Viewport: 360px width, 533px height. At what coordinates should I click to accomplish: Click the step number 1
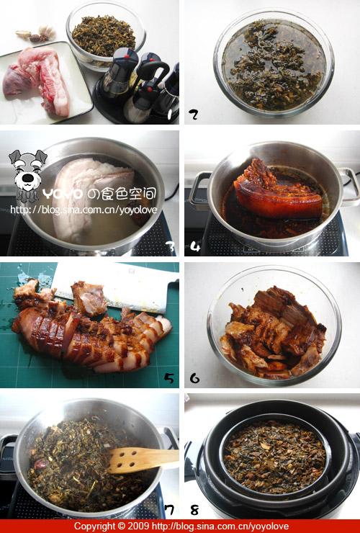coord(169,115)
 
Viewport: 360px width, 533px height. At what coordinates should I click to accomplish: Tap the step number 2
coord(194,115)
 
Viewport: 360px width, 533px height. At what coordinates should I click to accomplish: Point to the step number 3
coord(170,246)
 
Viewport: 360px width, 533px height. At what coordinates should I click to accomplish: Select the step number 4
coord(195,246)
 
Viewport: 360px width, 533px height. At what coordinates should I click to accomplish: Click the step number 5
coord(169,378)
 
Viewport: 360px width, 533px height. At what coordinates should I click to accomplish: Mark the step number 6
coord(194,378)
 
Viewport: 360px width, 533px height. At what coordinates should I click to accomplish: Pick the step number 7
coord(169,510)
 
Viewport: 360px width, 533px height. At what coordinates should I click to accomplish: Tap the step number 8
coord(194,510)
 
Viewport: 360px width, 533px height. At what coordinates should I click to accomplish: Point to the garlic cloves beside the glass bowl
coord(37,33)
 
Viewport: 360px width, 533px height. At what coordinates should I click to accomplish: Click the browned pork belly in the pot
coord(277,192)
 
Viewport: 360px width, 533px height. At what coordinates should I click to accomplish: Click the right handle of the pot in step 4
coord(349,187)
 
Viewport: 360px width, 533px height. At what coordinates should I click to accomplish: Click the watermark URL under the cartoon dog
coord(84,210)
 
